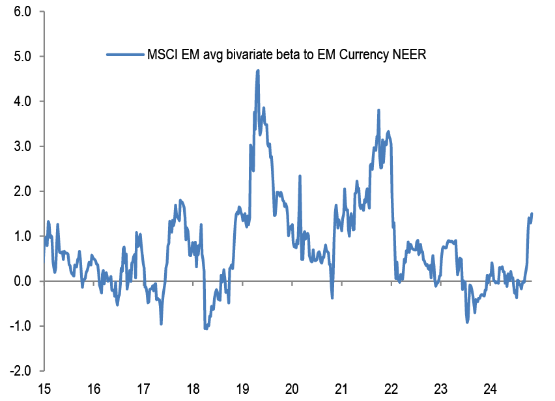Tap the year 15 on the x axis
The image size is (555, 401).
(x=44, y=389)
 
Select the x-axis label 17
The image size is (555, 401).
(x=143, y=389)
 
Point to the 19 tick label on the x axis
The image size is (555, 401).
(x=242, y=389)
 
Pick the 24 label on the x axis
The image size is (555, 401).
(x=491, y=389)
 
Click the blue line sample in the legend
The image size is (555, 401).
(x=124, y=55)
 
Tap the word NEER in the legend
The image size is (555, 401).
(x=408, y=55)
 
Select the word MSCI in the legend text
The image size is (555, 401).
(x=162, y=55)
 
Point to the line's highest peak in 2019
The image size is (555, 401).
(x=258, y=70)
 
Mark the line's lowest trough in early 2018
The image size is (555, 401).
(x=205, y=329)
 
